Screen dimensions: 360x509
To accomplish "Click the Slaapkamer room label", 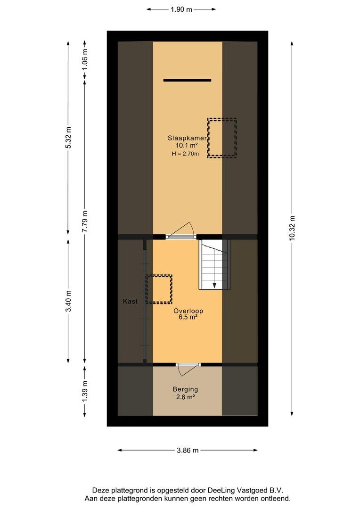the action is [x=187, y=138].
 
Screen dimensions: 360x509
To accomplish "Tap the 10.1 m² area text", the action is [x=187, y=146].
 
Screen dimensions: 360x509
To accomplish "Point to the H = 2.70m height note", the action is [x=185, y=154].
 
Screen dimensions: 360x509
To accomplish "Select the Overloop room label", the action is [x=188, y=311].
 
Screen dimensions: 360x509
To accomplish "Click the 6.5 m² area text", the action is [x=188, y=318].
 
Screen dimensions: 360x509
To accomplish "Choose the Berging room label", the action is [x=185, y=389].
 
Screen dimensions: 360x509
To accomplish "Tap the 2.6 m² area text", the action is [x=185, y=397].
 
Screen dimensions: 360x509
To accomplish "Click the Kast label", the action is [x=130, y=302].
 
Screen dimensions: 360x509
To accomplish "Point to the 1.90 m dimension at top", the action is [x=181, y=9].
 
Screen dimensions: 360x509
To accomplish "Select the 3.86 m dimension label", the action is [x=188, y=450].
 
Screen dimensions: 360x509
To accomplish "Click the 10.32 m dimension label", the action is [x=292, y=228].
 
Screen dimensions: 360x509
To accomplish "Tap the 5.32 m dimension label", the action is [x=68, y=137].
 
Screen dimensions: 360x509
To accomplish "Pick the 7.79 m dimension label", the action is [x=85, y=222].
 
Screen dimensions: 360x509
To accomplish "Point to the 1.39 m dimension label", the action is [x=85, y=391].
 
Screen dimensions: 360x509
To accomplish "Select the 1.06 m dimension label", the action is [x=85, y=59].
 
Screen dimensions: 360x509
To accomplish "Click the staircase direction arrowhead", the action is [x=214, y=285].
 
